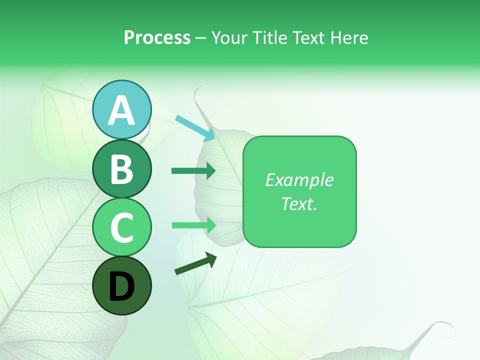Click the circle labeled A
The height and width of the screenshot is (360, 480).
pos(122,110)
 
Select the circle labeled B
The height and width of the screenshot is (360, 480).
pos(122,168)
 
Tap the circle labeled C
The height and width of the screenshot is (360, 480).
pos(122,227)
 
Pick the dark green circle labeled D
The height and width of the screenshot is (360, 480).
pos(122,285)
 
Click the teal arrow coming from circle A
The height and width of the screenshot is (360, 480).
pos(195,128)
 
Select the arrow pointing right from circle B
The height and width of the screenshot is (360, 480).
pos(193,171)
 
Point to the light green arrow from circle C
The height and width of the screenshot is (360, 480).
pos(193,225)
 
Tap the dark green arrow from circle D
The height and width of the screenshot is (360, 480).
pos(195,264)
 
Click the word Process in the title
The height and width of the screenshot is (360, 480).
pos(157,38)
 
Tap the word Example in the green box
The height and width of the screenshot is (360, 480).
pos(299,180)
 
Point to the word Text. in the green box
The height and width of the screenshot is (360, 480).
pos(299,203)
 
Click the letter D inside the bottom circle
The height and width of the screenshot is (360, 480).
pos(122,286)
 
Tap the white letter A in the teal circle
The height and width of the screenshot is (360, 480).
pos(122,110)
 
